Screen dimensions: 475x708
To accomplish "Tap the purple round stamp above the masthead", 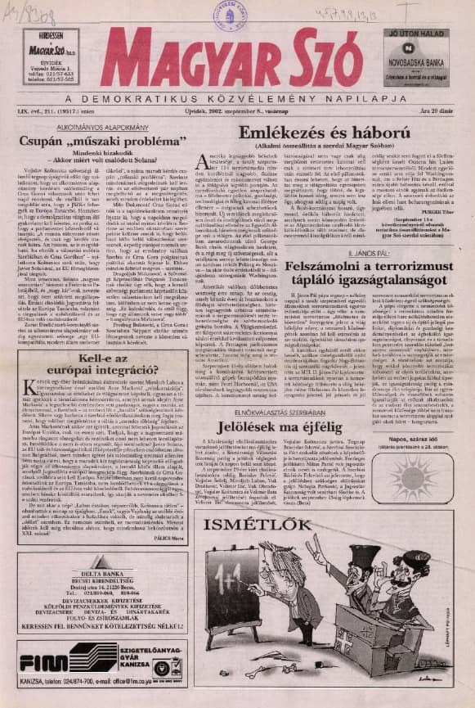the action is pyautogui.click(x=227, y=14).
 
